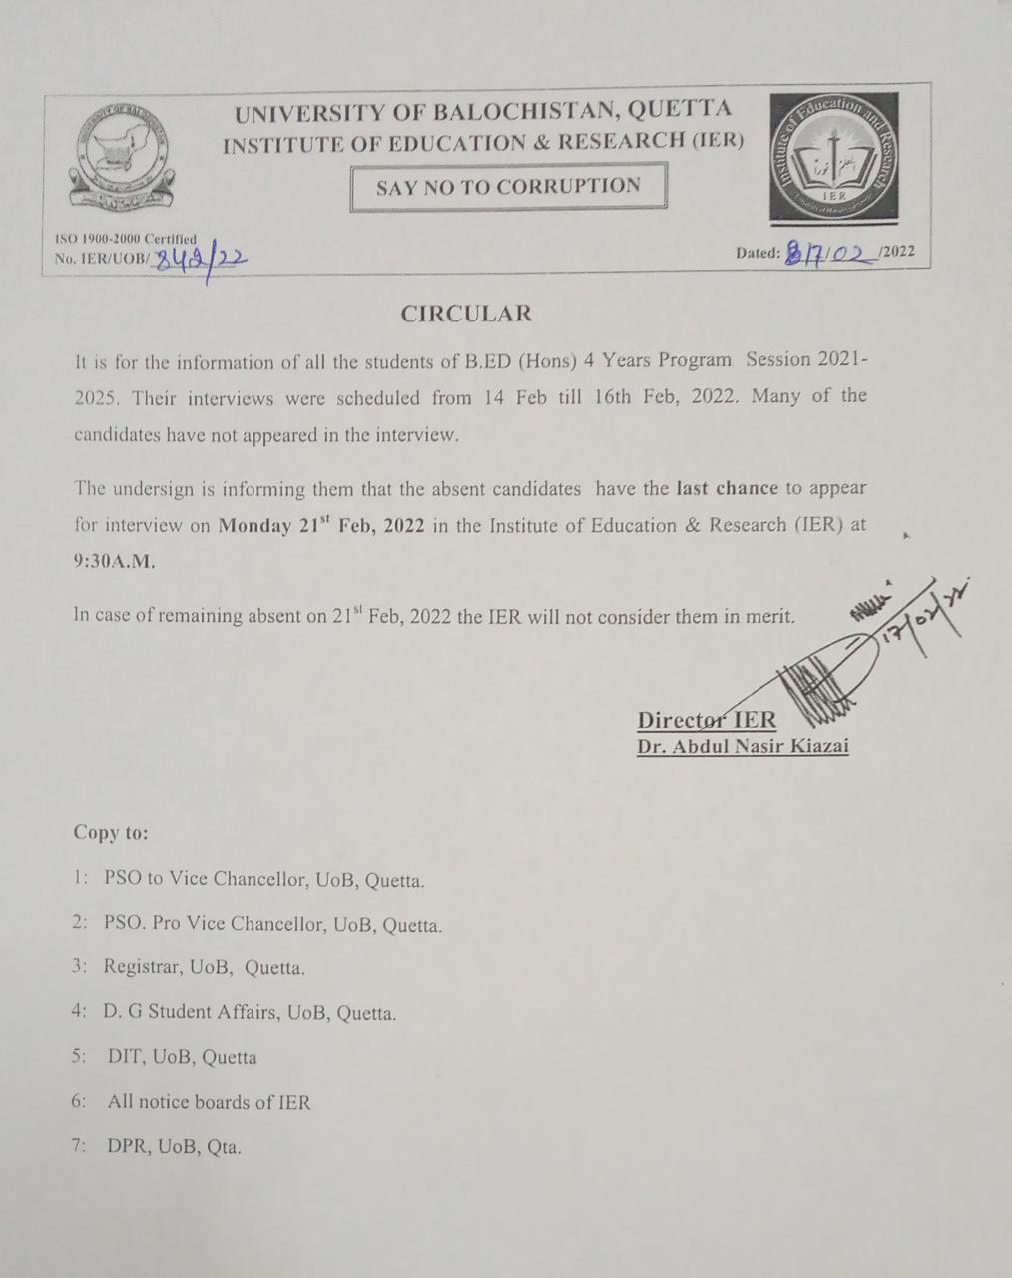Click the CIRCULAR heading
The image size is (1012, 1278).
(x=466, y=314)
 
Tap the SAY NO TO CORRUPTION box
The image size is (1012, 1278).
(x=508, y=187)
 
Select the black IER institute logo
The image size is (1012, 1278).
(x=833, y=158)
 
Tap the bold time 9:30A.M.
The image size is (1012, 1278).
(x=114, y=561)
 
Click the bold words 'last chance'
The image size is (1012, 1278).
(x=727, y=489)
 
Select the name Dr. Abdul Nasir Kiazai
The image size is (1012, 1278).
(x=743, y=746)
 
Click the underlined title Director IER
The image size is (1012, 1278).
(x=707, y=720)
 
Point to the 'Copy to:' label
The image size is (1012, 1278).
(x=111, y=832)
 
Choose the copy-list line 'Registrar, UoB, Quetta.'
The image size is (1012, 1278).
(x=204, y=967)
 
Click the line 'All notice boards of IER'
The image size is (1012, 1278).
(x=210, y=1103)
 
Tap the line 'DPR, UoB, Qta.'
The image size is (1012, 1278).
(x=174, y=1147)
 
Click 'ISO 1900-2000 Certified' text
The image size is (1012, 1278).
(x=125, y=239)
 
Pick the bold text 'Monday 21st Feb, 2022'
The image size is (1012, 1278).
(x=324, y=526)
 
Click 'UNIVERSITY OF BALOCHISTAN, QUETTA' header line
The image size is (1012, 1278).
(x=483, y=110)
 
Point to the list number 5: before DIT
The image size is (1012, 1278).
(x=80, y=1057)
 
